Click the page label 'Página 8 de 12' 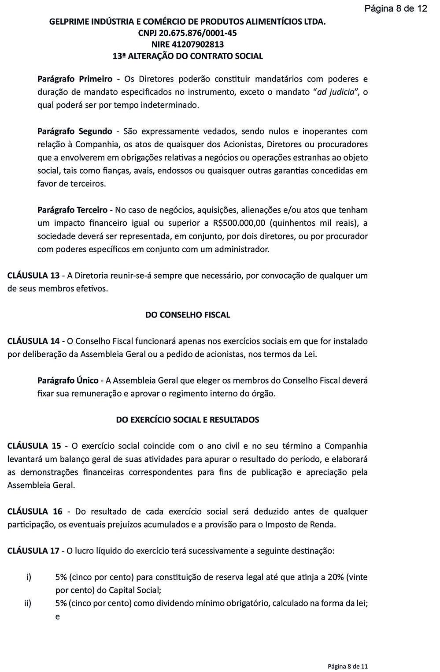(396, 8)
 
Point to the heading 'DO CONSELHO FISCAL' (188, 315)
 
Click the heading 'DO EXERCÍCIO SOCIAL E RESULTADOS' (188, 420)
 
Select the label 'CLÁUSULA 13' (33, 276)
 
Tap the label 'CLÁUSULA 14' (33, 341)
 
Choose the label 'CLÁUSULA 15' (34, 446)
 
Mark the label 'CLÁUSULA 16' (35, 511)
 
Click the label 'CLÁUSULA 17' (33, 551)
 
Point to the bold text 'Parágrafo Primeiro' (75, 79)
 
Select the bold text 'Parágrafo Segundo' (75, 131)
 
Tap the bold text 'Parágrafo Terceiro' (73, 210)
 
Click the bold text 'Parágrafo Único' (68, 381)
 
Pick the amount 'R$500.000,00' (238, 223)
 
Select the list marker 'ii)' (28, 603)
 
